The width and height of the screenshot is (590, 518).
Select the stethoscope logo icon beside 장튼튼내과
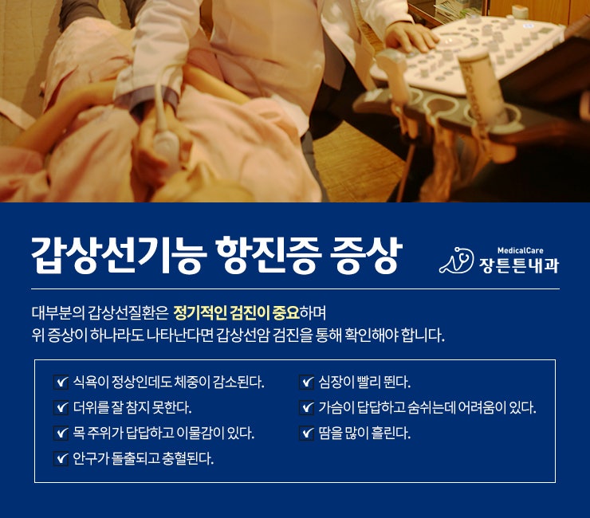(x=456, y=260)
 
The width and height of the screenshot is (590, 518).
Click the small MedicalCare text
(x=520, y=250)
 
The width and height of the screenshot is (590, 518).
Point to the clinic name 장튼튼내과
(x=519, y=265)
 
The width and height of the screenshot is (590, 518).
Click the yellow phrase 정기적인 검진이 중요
(x=236, y=313)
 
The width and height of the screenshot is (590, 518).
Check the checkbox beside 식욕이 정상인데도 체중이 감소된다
(x=61, y=383)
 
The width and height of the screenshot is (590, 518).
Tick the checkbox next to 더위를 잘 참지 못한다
(x=61, y=407)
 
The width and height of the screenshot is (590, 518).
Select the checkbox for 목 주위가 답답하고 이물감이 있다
(x=61, y=433)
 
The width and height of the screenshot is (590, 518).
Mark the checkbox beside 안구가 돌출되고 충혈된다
(x=61, y=458)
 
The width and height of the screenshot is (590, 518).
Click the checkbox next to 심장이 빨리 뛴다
(x=306, y=383)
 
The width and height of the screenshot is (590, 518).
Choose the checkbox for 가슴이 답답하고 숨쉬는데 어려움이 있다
(x=306, y=407)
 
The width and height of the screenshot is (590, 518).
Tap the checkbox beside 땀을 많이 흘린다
(x=306, y=433)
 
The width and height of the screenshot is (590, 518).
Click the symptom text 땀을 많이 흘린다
(x=364, y=433)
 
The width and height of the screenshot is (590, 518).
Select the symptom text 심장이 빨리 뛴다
(x=364, y=383)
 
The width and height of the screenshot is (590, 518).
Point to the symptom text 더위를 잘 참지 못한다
(x=132, y=407)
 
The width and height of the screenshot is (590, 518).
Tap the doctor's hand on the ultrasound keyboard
(x=410, y=36)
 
